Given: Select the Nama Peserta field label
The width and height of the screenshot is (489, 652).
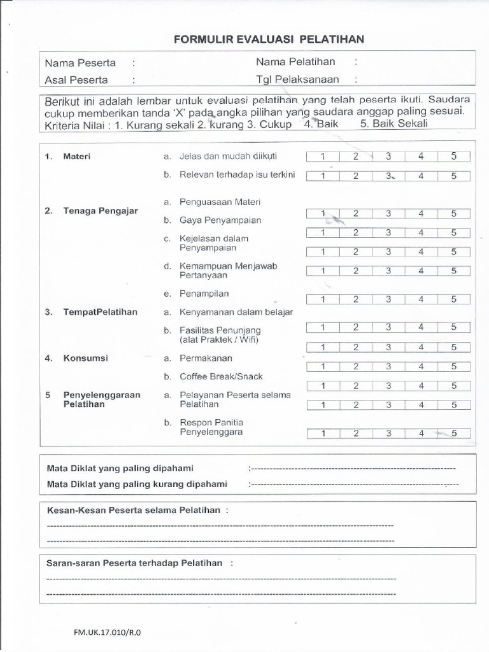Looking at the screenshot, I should [80, 63].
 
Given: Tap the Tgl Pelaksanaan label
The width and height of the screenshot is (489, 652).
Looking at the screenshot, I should [297, 80].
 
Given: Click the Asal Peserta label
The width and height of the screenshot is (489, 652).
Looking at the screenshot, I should [76, 80].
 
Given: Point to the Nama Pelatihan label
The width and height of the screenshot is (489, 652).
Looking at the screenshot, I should [295, 62].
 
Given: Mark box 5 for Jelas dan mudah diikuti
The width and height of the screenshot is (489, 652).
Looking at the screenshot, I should [454, 157].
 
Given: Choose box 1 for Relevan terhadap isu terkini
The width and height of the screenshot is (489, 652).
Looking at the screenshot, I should [323, 176].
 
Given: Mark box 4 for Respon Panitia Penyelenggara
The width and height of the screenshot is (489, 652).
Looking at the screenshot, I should [421, 434].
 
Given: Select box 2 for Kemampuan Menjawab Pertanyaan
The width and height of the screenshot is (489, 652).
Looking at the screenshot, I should [356, 271].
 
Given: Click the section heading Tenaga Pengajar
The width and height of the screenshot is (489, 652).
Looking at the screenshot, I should [100, 211].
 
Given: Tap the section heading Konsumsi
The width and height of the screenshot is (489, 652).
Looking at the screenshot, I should [85, 358].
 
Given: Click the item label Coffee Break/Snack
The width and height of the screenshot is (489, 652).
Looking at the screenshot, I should [221, 376].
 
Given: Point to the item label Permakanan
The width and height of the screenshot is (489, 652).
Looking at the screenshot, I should [206, 358].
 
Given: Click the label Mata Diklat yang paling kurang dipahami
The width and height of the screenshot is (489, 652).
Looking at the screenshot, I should [137, 485].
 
